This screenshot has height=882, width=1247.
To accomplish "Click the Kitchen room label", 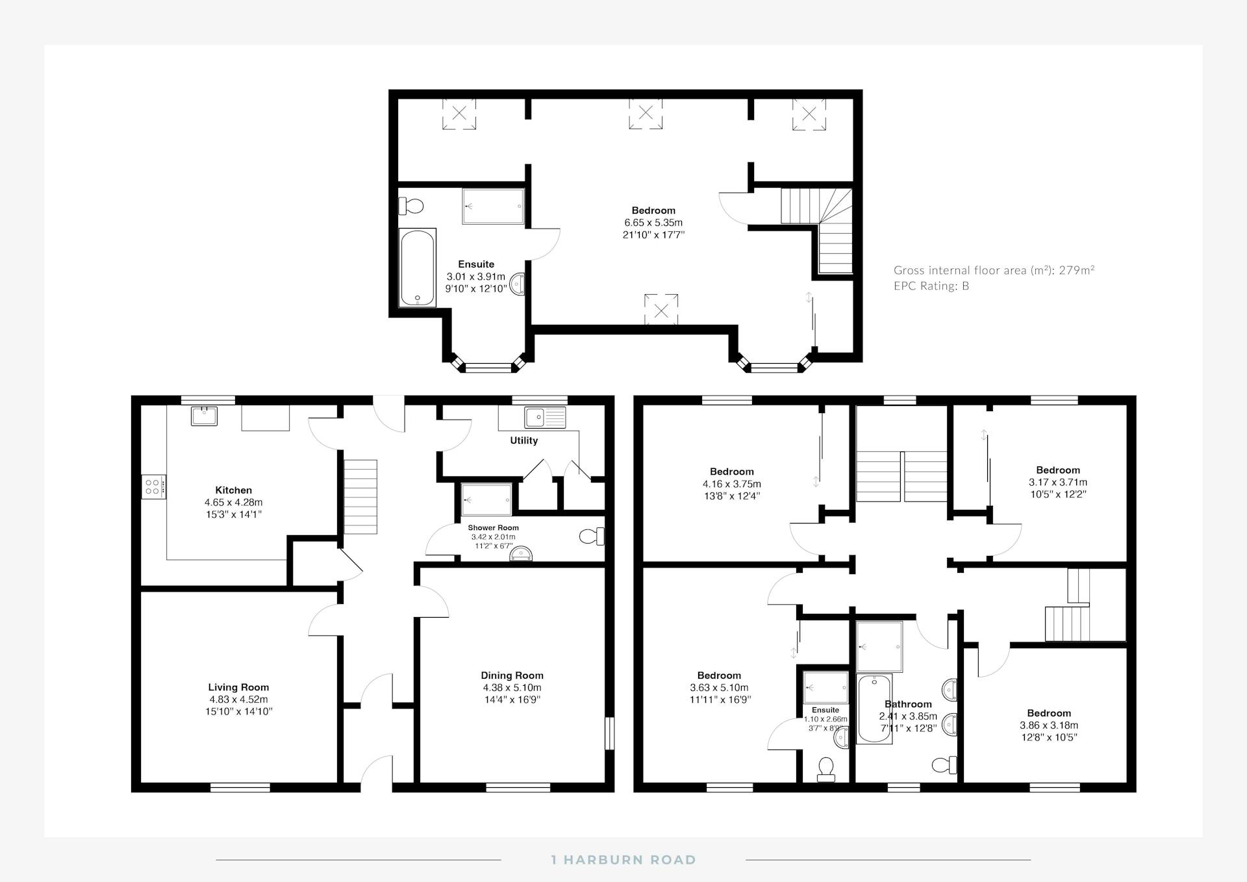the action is (233, 490).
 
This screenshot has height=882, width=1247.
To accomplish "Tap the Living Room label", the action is (238, 687).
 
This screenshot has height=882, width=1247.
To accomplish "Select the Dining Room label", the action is (512, 675).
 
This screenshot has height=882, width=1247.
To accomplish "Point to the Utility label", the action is (523, 440).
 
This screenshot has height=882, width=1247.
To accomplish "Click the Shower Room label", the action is (493, 528).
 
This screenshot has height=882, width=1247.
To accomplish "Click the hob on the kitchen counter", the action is (154, 486).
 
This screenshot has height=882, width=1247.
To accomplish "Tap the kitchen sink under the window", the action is (204, 416).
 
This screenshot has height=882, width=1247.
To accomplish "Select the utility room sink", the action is (546, 418).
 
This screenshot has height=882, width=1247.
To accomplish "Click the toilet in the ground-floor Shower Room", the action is (592, 536).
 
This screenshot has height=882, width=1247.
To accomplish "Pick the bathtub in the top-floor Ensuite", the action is (417, 267).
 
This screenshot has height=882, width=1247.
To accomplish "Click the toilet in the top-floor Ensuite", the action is (410, 207).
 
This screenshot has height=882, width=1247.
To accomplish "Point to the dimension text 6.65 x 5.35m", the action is (653, 223).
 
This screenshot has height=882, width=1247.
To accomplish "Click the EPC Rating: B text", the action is (931, 286).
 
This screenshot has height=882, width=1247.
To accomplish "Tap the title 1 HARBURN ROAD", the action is (623, 860).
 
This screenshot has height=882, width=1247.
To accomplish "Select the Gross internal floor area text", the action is (994, 270).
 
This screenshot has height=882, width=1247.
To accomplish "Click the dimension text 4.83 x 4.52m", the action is (238, 699).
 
